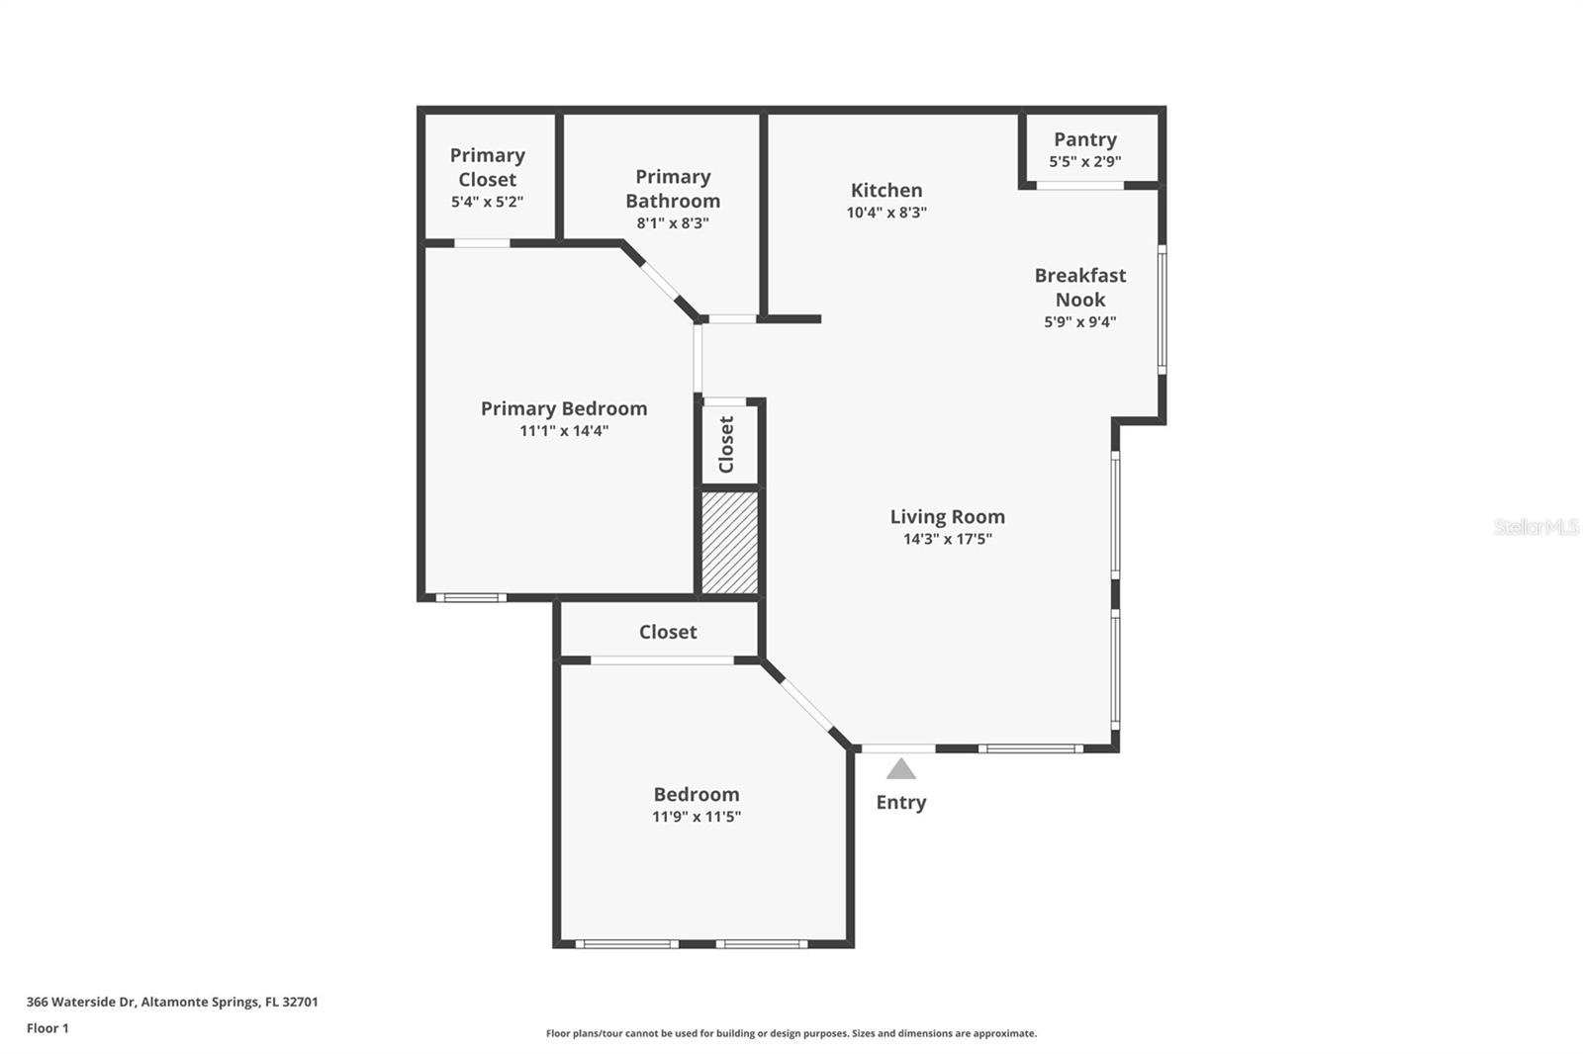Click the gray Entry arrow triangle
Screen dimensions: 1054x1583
900,769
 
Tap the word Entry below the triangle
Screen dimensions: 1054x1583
900,802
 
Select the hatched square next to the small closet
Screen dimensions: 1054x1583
729,543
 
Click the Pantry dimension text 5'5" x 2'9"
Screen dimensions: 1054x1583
1084,161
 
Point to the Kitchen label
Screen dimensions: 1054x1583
886,190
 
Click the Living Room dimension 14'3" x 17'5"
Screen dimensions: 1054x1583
947,539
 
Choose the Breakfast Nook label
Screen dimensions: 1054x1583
1079,287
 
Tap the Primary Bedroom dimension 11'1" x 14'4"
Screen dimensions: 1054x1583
564,431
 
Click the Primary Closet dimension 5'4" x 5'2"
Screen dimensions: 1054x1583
487,202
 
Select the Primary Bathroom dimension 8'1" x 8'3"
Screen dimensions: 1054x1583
673,223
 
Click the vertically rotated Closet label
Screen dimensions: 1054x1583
727,444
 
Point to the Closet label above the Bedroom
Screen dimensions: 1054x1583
668,632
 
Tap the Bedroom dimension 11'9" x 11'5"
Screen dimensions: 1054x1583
696,817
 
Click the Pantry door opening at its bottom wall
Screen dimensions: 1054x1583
1079,185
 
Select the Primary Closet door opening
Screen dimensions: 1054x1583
482,243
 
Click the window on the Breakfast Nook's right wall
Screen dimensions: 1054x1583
1162,309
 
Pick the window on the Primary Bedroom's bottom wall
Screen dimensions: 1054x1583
471,597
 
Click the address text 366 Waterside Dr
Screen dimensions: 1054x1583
81,1002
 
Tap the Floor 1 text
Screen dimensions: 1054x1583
47,1028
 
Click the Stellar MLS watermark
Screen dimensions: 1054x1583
1536,527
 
